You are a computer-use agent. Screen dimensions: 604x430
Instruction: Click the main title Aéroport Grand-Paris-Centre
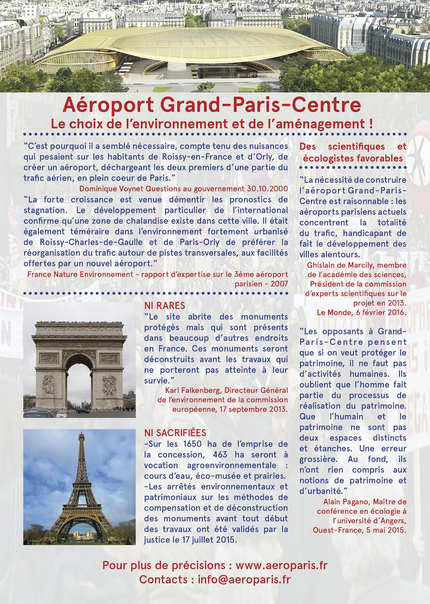click(x=211, y=105)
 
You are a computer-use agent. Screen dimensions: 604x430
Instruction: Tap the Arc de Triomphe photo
click(x=80, y=360)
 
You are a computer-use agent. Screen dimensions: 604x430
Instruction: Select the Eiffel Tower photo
click(x=80, y=487)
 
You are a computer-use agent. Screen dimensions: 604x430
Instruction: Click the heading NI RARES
click(x=164, y=306)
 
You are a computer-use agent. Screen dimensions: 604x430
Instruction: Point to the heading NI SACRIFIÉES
click(x=175, y=433)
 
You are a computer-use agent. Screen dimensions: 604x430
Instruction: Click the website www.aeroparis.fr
click(x=281, y=565)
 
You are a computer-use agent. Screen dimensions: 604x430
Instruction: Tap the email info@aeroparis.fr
click(x=244, y=579)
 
